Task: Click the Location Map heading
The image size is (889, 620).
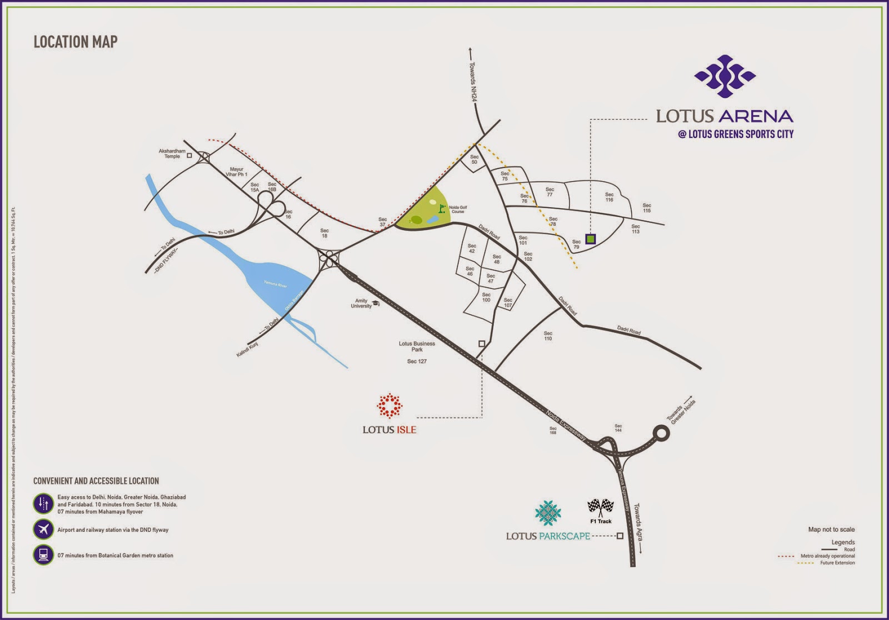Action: [x=76, y=42]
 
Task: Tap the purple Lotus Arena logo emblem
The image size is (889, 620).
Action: [x=725, y=76]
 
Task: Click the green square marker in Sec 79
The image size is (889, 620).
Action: [x=591, y=239]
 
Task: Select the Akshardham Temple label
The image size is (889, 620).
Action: [x=172, y=154]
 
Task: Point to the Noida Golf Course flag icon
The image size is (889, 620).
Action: [x=442, y=209]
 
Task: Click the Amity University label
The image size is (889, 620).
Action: [x=361, y=303]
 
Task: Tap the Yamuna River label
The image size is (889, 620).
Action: [x=275, y=284]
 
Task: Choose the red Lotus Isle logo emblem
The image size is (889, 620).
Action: [x=389, y=406]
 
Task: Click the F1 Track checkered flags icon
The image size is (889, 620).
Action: [x=601, y=506]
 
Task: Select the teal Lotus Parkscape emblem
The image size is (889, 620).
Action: [x=548, y=513]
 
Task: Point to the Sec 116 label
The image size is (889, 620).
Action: [x=610, y=197]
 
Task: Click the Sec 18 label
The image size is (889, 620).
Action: [x=324, y=233]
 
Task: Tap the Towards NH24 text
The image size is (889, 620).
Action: [x=473, y=81]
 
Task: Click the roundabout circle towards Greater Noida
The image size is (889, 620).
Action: [x=661, y=433]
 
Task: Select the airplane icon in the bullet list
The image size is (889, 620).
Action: [x=43, y=529]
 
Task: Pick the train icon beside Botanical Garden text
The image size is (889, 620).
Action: [x=43, y=555]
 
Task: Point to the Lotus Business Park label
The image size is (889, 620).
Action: [x=417, y=346]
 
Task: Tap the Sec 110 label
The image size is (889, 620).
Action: [x=548, y=336]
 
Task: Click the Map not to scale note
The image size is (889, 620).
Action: [x=831, y=530]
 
